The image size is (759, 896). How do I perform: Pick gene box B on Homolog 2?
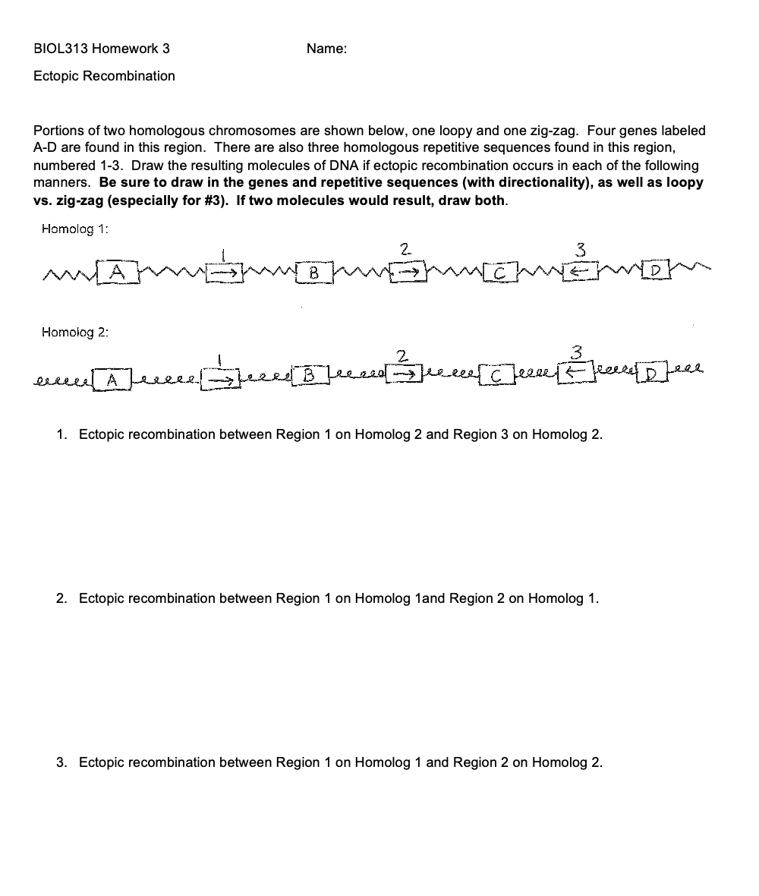click(x=308, y=375)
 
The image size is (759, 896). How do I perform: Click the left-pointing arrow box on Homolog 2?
click(x=576, y=373)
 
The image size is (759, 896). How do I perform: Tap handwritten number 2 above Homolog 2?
click(x=403, y=354)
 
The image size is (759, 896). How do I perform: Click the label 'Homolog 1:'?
click(x=76, y=228)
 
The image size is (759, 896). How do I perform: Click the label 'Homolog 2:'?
click(x=76, y=332)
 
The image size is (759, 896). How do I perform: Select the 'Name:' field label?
click(x=326, y=49)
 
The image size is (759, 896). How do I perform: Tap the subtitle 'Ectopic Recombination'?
click(x=104, y=76)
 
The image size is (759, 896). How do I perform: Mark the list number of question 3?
click(x=61, y=762)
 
